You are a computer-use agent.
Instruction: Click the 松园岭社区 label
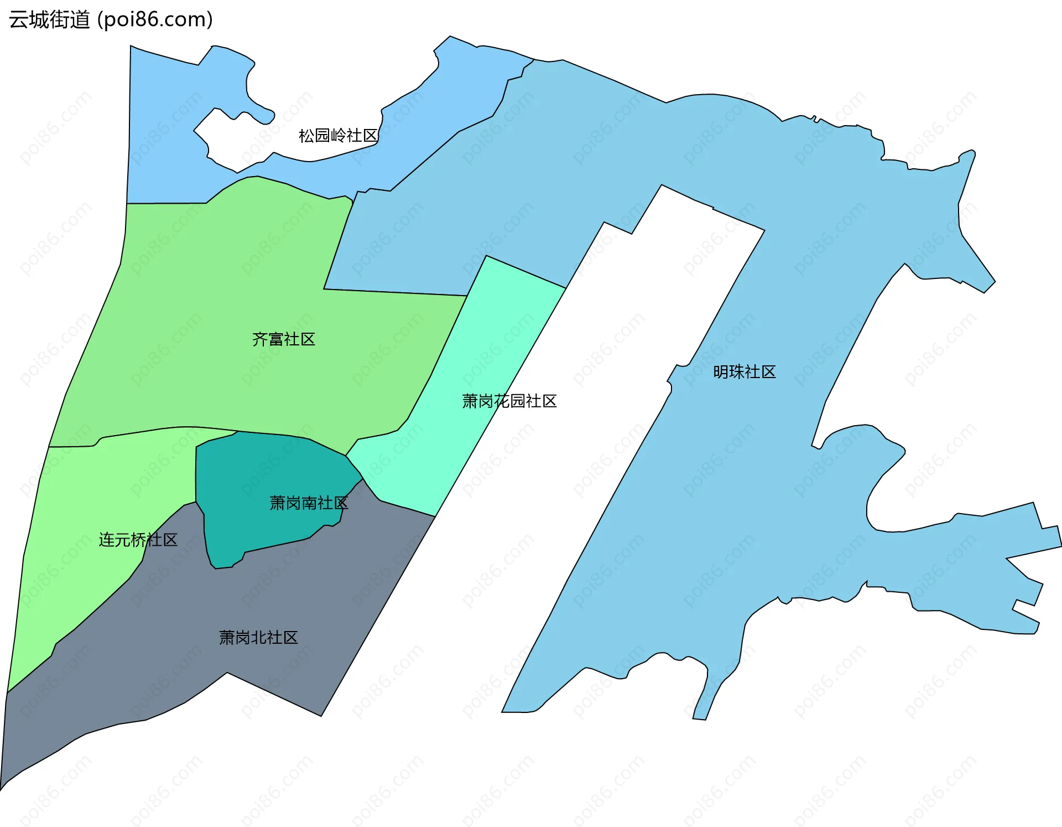point(338,136)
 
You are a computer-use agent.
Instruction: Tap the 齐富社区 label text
point(283,339)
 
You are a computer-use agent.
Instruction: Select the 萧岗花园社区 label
point(509,401)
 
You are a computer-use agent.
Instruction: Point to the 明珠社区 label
point(744,372)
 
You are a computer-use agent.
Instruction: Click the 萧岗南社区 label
point(309,503)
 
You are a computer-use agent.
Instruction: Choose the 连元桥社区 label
point(138,540)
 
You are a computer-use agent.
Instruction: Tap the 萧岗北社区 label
point(258,638)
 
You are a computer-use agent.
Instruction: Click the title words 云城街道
point(49,20)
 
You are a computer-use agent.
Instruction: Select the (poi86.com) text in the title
point(155,20)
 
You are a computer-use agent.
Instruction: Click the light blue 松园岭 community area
point(166,166)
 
